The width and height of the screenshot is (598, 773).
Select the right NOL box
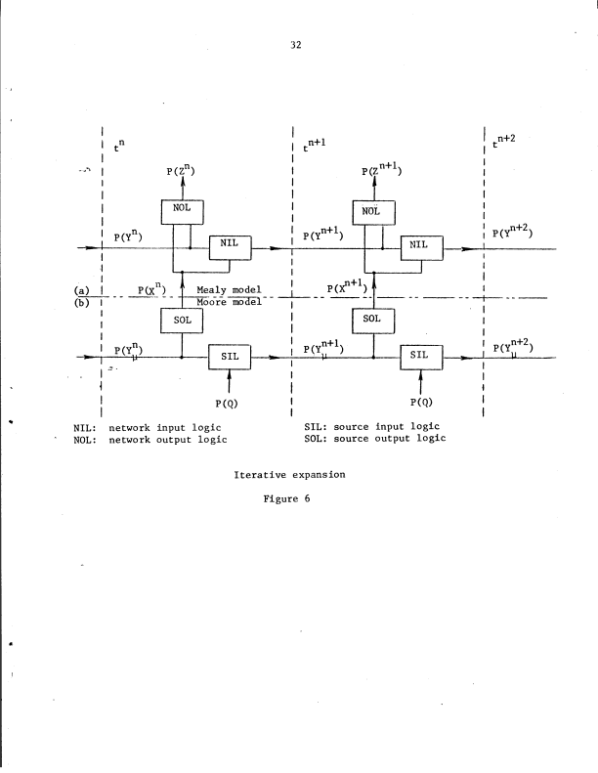[x=371, y=209]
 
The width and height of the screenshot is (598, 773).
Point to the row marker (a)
[x=82, y=290]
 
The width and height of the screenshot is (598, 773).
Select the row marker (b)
[x=82, y=301]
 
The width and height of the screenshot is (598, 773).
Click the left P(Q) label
[x=229, y=402]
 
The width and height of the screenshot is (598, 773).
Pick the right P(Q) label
[x=421, y=402]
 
